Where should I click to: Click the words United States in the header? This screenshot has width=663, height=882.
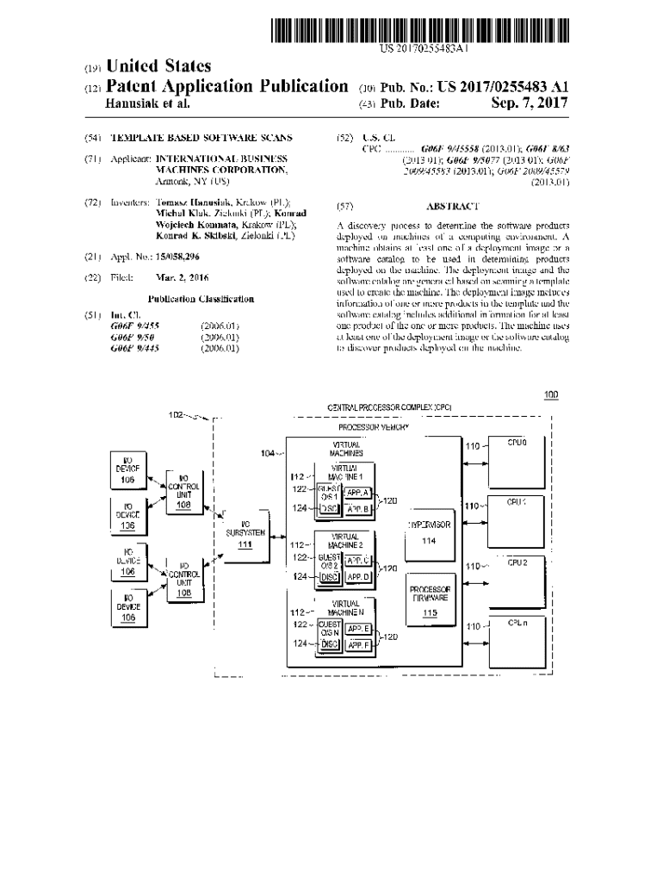click(158, 66)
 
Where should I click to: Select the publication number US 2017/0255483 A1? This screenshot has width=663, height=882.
click(490, 87)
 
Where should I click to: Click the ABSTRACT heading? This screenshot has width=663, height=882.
click(452, 207)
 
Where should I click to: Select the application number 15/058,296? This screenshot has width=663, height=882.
click(180, 257)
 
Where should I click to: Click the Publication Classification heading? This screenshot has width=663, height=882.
click(201, 300)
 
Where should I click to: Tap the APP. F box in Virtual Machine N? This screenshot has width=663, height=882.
click(358, 643)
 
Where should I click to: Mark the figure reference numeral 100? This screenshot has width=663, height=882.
click(551, 395)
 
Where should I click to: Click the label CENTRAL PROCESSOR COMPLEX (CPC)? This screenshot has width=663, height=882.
click(389, 407)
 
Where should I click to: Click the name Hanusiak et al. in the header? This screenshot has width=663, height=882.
click(146, 104)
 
